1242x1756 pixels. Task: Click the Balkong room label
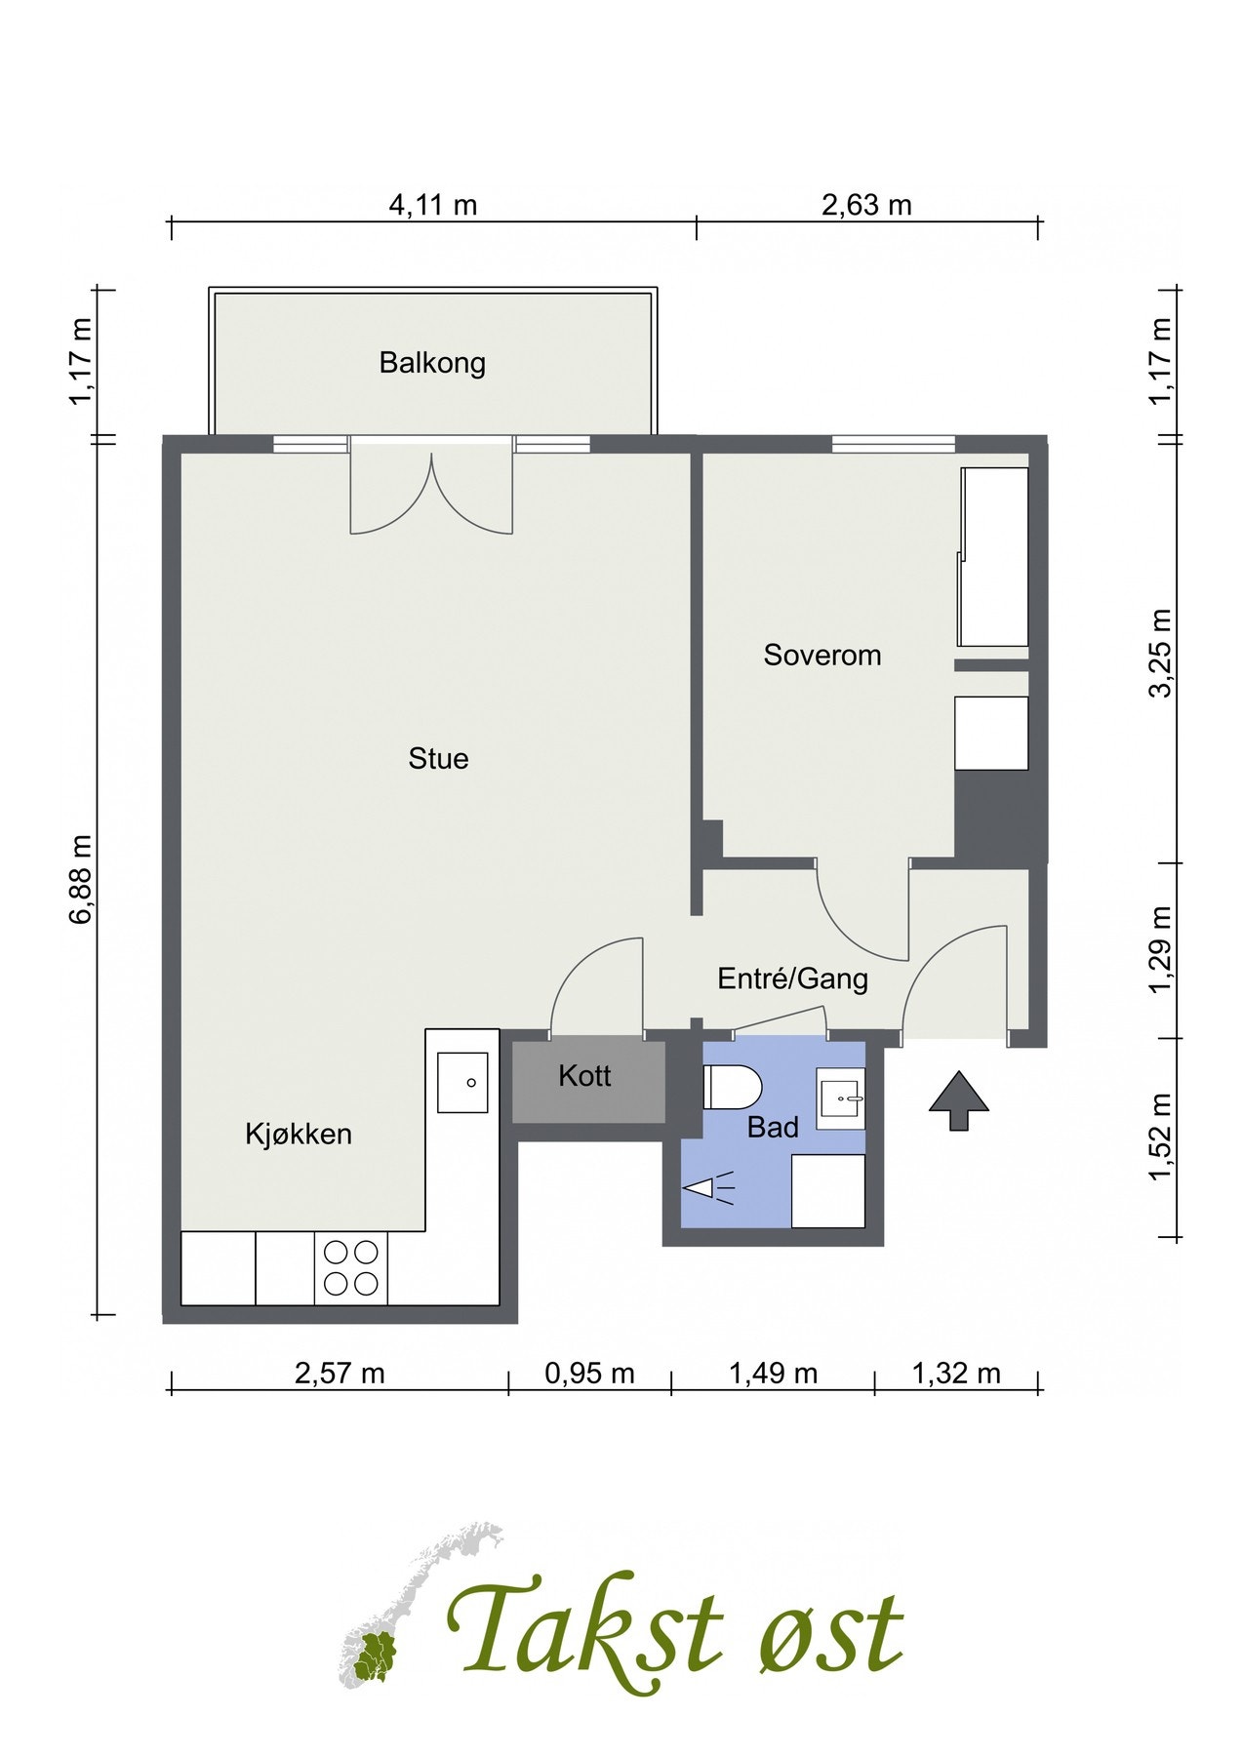pyautogui.click(x=432, y=364)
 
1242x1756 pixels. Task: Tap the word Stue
pyautogui.click(x=438, y=759)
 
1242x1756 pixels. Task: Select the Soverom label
pyautogui.click(x=822, y=656)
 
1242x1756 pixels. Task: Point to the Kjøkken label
pyautogui.click(x=299, y=1135)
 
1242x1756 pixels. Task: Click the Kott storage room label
pyautogui.click(x=585, y=1076)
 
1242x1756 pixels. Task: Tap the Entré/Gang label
pyautogui.click(x=793, y=978)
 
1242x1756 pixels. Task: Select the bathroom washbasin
pyautogui.click(x=840, y=1098)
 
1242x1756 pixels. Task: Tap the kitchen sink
pyautogui.click(x=462, y=1083)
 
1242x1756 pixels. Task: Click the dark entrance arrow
pyautogui.click(x=958, y=1100)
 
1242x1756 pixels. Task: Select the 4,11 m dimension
pyautogui.click(x=433, y=205)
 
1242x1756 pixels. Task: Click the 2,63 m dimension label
pyautogui.click(x=867, y=205)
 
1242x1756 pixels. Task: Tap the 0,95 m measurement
pyautogui.click(x=590, y=1374)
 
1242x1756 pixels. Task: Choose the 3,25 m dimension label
pyautogui.click(x=1161, y=653)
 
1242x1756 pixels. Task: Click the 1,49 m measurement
pyautogui.click(x=773, y=1374)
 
